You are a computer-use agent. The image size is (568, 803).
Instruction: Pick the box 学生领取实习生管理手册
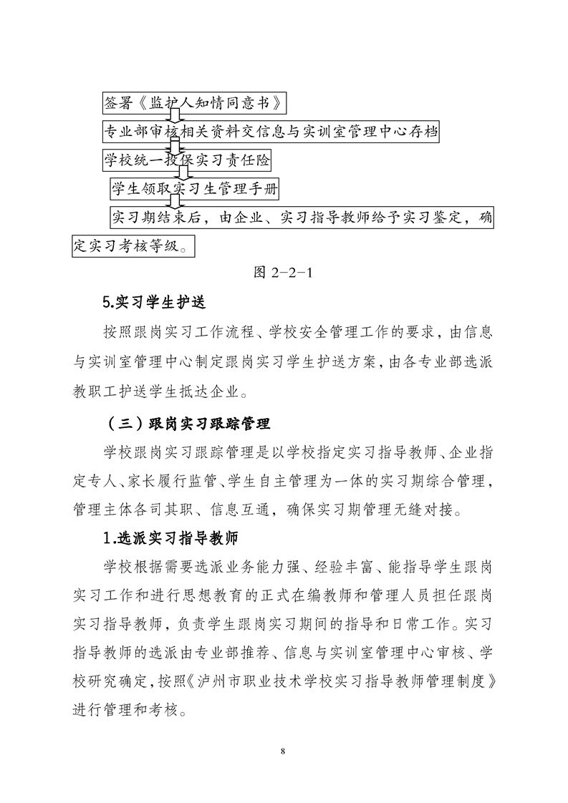pos(194,189)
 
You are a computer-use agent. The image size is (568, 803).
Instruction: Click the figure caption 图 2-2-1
pos(285,273)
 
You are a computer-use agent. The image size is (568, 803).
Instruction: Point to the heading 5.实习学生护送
pos(154,303)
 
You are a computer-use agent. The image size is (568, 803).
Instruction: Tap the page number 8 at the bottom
pos(284,751)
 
